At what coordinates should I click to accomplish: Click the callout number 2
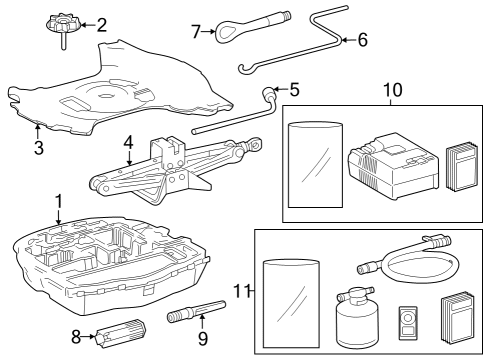pos(101,25)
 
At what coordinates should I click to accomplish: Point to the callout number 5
pos(294,89)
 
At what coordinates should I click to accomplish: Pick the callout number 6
pos(362,41)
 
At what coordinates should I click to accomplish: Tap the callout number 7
pos(196,33)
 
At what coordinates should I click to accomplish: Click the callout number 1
pos(59,201)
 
